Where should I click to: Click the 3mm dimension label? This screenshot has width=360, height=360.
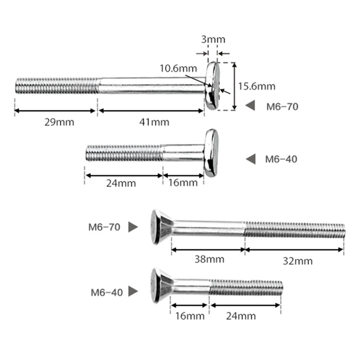pos(213,40)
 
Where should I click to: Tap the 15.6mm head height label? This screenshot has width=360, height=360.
pos(256,86)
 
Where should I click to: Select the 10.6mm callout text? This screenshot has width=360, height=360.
pos(178,68)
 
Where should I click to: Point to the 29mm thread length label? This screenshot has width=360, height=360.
pos(59,122)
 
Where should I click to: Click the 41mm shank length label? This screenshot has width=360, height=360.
pos(154,122)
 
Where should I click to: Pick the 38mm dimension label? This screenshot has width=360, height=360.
pos(209,259)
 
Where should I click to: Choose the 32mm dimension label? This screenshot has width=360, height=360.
pos(297,261)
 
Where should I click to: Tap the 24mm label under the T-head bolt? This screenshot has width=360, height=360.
pos(121,183)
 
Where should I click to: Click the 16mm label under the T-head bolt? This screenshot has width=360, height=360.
pos(183,183)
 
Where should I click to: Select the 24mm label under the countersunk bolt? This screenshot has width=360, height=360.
pos(241,316)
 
